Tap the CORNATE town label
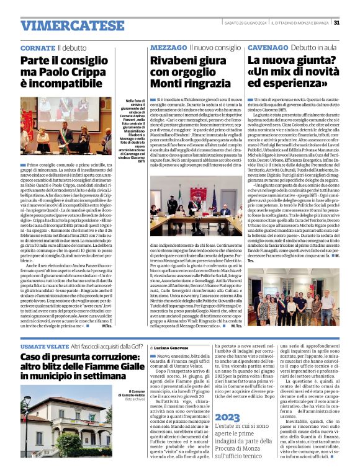point(37,48)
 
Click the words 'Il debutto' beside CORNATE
point(73,48)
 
